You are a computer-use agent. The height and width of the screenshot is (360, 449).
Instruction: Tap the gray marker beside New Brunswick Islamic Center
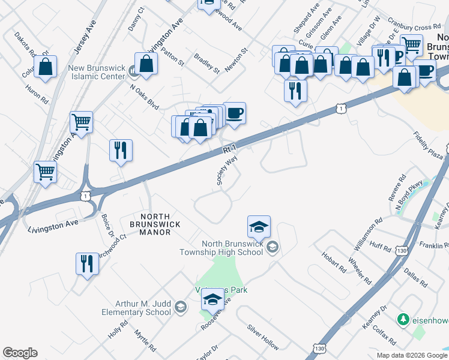click(133, 73)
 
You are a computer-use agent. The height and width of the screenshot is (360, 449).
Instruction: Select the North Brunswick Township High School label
click(221, 248)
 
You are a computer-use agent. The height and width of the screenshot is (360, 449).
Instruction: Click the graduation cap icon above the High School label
click(259, 227)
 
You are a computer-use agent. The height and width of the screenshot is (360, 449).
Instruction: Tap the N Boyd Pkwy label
click(409, 195)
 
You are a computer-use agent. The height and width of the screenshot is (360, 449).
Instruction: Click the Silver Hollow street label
click(262, 337)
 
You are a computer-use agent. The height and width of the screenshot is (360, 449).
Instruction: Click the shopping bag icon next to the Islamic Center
click(146, 64)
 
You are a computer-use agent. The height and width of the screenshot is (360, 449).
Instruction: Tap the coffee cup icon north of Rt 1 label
click(235, 113)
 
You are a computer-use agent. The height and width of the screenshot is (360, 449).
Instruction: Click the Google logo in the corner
click(20, 353)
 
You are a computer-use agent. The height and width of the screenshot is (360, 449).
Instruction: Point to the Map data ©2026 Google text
click(411, 355)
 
